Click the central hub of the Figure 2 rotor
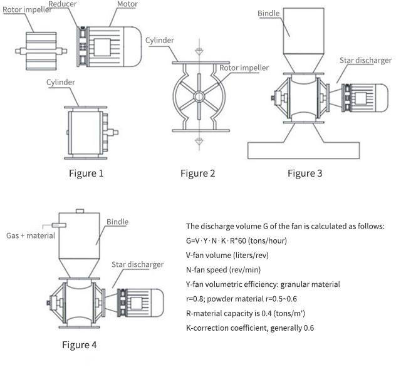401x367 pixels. tap(197, 96)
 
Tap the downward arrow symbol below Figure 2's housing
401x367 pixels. tap(197, 142)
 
